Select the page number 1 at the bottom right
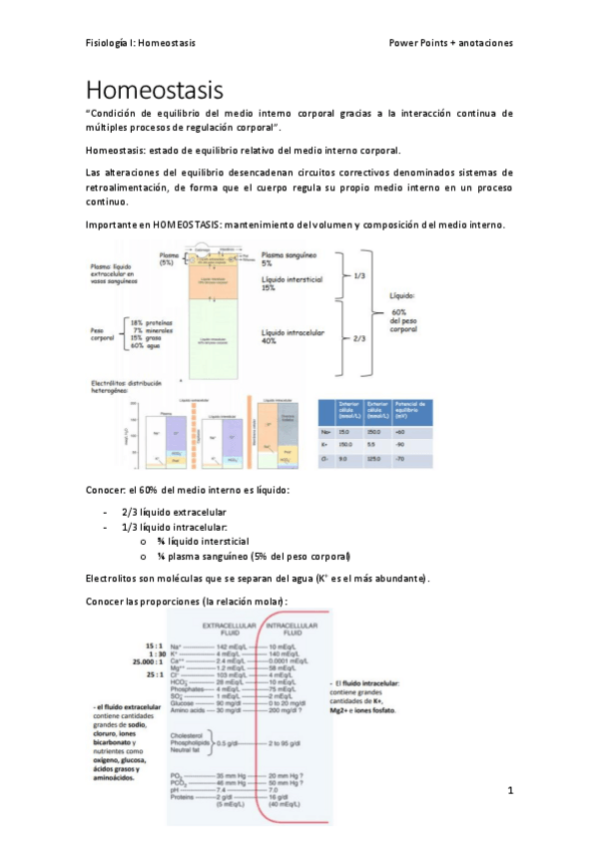tap(509, 791)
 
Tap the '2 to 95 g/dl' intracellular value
tap(286, 744)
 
